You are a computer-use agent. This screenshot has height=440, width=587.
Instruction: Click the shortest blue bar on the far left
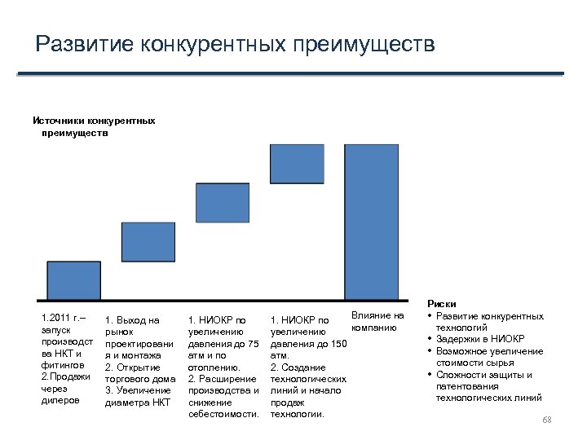point(73,280)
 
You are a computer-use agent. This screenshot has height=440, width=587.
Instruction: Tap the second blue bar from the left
point(148,241)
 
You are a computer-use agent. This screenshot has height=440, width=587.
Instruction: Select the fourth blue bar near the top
point(297,163)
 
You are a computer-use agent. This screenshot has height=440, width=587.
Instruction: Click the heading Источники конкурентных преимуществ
point(94,127)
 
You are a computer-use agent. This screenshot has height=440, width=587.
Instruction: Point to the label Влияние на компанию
point(376,321)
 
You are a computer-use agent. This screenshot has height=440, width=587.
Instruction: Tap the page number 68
point(547,419)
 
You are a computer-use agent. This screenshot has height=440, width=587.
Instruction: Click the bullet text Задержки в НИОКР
point(481,339)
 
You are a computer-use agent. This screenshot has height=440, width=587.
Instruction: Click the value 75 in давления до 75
point(252,344)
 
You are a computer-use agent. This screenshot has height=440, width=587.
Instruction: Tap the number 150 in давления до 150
point(338,344)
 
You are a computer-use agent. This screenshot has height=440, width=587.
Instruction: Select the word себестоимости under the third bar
point(223,414)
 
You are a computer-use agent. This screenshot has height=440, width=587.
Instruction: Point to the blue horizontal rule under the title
point(290,74)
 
